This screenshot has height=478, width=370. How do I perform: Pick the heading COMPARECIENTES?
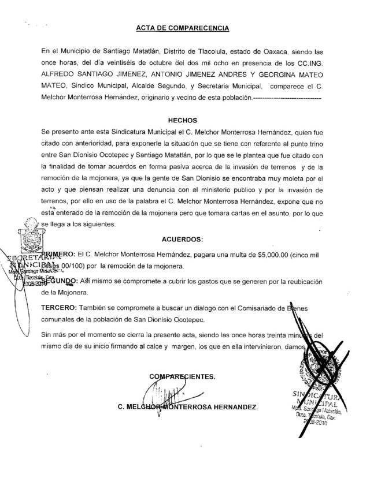tap(182, 376)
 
